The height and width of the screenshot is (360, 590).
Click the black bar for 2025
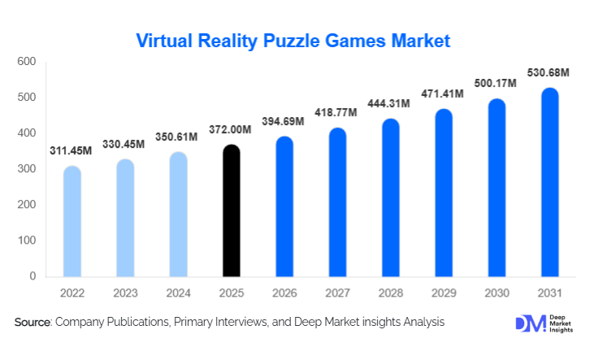[232, 211]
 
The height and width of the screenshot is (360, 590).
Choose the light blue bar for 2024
[179, 215]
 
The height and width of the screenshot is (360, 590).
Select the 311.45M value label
[73, 151]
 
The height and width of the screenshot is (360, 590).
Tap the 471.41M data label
[442, 94]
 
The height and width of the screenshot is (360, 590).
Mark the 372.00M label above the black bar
[230, 130]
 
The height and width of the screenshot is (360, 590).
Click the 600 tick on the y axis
[27, 62]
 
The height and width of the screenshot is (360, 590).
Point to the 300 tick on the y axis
[27, 169]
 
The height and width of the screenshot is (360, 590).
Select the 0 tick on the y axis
[33, 276]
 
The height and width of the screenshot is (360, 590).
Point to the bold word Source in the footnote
[33, 323]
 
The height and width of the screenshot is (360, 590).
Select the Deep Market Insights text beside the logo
[561, 323]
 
